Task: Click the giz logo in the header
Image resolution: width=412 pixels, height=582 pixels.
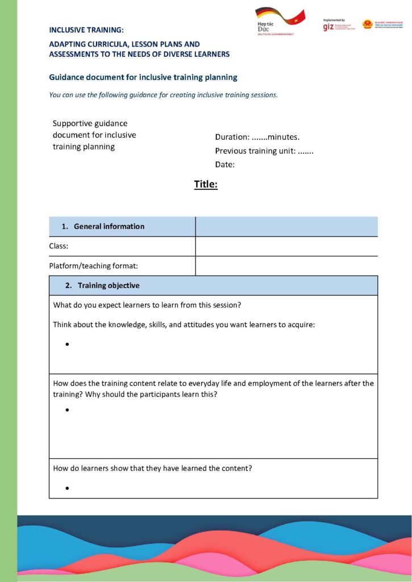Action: click(x=328, y=27)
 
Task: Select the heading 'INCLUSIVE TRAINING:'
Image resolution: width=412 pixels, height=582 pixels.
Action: click(x=86, y=30)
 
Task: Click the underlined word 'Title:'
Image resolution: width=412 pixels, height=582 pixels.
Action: click(x=206, y=184)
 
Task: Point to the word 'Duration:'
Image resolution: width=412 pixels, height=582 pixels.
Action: click(x=232, y=137)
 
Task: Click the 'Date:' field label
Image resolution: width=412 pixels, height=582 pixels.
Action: click(x=225, y=165)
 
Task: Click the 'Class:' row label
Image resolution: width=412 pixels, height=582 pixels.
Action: click(x=59, y=247)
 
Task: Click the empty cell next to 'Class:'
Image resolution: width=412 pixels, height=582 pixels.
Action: click(x=286, y=247)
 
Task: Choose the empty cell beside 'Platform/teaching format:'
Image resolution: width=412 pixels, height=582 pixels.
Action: click(x=286, y=266)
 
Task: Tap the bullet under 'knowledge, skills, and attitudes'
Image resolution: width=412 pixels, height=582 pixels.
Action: click(x=67, y=344)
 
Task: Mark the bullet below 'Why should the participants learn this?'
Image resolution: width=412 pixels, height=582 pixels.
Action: click(x=67, y=410)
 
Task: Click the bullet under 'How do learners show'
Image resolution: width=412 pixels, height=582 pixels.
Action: click(x=67, y=488)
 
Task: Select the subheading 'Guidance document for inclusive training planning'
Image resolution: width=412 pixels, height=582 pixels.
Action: click(x=143, y=77)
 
